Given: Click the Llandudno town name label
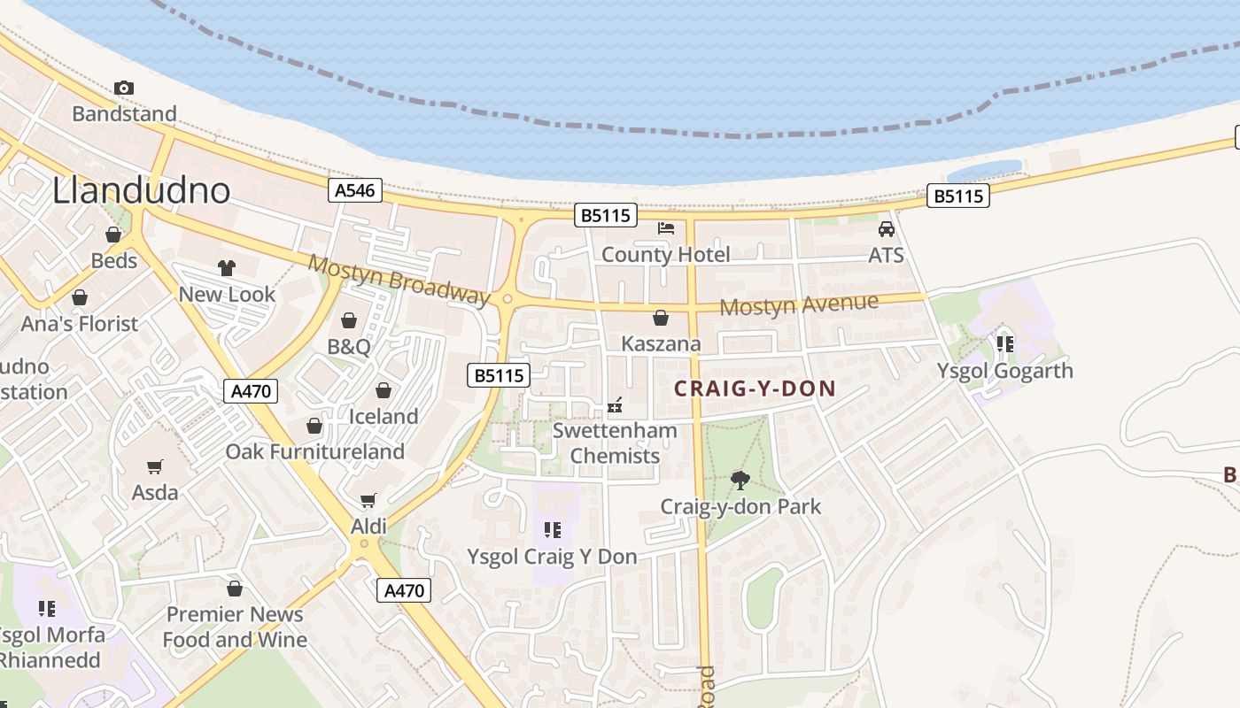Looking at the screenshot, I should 142,190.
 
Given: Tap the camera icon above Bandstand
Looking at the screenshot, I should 124,88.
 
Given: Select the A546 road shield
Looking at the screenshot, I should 355,190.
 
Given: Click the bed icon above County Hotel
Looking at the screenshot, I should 666,228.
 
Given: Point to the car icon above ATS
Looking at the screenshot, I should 886,229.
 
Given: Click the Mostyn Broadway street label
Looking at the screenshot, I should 399,280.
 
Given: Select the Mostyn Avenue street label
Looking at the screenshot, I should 799,305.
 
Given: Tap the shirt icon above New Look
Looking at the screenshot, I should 227,268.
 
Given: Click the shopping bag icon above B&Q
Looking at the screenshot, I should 349,320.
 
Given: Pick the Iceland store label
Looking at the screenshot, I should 384,416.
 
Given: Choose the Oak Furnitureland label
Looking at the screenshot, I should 314,451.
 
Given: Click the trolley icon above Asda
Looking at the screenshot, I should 155,466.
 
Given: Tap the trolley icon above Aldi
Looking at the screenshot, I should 368,501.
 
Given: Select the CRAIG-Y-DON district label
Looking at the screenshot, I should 755,389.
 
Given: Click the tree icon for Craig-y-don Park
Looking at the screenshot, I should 740,481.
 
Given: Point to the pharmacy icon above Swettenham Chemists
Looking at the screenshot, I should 616,405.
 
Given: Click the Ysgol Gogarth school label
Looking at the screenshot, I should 1004,370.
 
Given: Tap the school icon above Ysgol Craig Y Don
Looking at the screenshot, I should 553,530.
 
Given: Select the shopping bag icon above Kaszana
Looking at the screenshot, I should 661,318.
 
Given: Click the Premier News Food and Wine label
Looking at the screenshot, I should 235,627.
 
